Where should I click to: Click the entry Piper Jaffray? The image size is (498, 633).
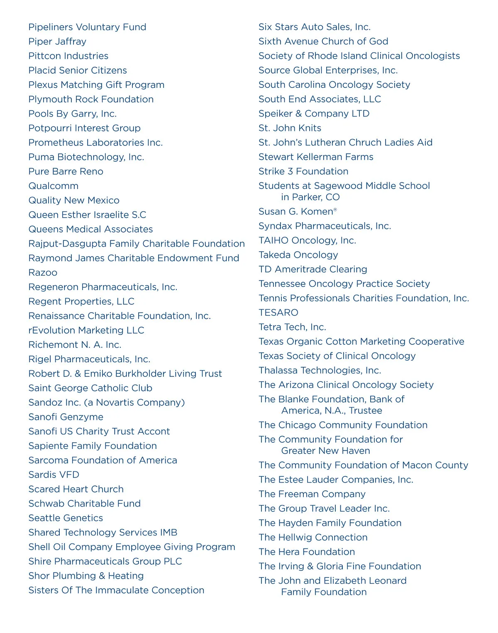[x=57, y=41]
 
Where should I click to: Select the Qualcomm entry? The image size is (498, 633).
[x=53, y=186]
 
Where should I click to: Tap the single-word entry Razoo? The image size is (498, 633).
[x=43, y=273]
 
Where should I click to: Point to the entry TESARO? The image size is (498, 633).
[x=278, y=313]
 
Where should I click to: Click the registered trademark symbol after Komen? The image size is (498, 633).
[x=335, y=210]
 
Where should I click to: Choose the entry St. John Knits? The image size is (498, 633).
[x=290, y=128]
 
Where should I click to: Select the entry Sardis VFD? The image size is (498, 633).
[x=54, y=475]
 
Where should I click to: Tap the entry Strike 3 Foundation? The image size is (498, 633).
[x=303, y=172]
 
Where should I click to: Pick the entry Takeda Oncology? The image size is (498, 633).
[x=298, y=255]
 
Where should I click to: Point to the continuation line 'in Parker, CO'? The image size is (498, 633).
[x=310, y=197]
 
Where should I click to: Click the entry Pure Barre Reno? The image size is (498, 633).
[x=66, y=172]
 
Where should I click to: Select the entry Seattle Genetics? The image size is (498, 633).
[x=66, y=518]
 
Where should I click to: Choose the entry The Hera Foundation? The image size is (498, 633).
[x=307, y=552]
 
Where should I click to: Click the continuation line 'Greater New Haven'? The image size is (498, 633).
[x=325, y=451]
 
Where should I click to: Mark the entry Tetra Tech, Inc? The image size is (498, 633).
[x=292, y=327]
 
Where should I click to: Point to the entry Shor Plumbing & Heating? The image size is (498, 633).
[x=86, y=576]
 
